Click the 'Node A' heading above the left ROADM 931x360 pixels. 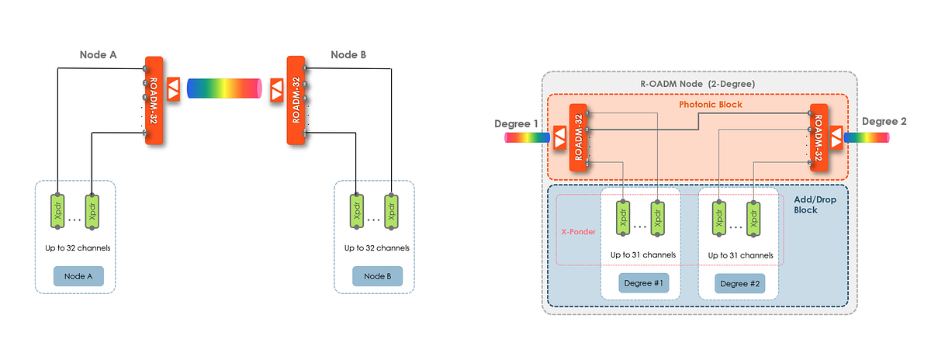pyautogui.click(x=98, y=55)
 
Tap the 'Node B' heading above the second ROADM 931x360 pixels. pyautogui.click(x=348, y=55)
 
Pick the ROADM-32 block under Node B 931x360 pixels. pyautogui.click(x=296, y=99)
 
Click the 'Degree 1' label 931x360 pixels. pyautogui.click(x=515, y=123)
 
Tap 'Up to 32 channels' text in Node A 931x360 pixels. pyautogui.click(x=77, y=248)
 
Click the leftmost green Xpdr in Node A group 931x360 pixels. pyautogui.click(x=58, y=211)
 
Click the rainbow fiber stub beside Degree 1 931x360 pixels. pyautogui.click(x=527, y=138)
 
